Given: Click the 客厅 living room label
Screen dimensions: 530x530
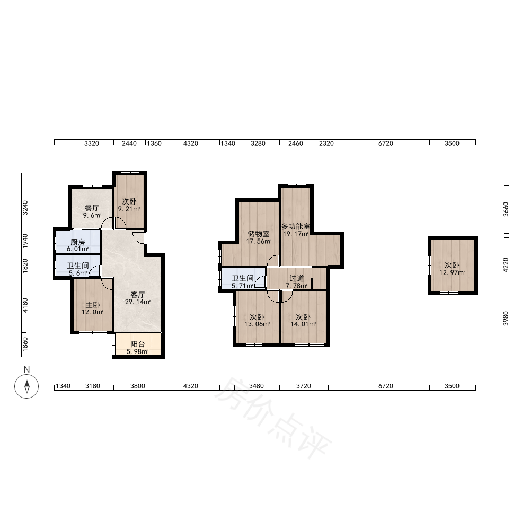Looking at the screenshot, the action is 138,295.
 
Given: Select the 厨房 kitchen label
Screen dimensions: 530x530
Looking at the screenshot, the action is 78,242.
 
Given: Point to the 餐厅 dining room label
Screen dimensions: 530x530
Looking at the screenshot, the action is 92,208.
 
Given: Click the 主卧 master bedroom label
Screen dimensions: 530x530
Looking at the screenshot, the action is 93,305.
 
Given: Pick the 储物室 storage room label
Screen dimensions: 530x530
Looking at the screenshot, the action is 259,234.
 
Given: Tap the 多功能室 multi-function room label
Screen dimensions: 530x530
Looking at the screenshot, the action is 296,226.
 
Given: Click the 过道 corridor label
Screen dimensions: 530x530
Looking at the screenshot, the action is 297,279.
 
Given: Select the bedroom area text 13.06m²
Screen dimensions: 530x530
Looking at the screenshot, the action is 257,324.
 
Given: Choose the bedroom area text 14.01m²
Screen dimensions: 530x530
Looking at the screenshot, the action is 303,324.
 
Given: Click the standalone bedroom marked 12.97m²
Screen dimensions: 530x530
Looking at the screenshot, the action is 452,266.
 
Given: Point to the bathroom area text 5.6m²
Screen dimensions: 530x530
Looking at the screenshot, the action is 78,273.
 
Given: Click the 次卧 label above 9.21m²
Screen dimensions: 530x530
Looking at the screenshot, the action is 129,201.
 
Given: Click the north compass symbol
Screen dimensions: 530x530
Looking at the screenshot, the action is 26,386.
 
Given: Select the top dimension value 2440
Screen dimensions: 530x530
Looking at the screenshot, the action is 129,143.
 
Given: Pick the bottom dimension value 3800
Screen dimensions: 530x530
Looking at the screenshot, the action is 138,386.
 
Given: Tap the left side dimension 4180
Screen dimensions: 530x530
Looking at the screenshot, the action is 25,305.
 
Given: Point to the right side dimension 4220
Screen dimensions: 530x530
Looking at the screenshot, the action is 506,265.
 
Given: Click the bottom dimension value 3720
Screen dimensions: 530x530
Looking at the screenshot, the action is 304,386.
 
